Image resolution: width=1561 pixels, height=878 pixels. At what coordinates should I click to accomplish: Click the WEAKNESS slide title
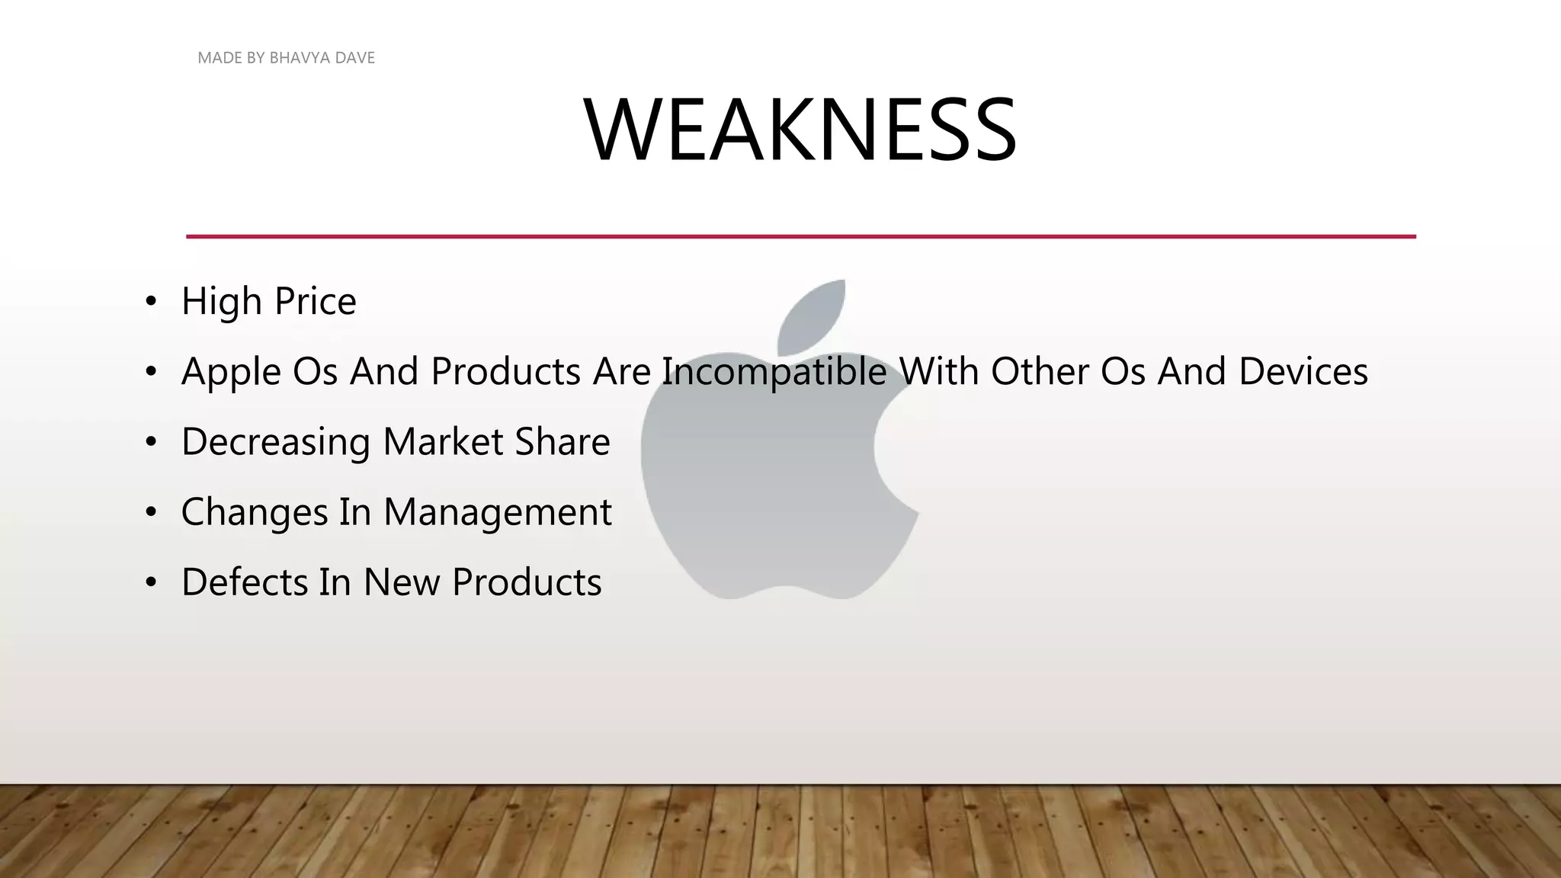point(800,130)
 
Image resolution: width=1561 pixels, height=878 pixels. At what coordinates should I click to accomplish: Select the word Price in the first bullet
point(315,301)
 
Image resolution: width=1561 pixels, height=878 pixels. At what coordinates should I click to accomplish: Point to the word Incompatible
point(774,372)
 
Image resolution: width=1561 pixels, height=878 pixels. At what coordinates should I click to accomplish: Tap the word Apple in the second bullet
point(232,372)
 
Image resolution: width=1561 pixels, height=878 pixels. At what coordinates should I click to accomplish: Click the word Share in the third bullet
point(562,442)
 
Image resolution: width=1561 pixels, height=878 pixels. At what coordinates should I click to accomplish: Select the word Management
point(497,512)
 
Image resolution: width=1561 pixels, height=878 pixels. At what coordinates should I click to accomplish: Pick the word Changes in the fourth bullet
point(254,512)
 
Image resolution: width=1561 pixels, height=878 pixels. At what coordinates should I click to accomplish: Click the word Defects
point(244,582)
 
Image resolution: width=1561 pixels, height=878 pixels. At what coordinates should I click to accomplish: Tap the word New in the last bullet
point(402,582)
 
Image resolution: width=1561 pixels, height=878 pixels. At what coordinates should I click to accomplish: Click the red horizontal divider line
point(800,236)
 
